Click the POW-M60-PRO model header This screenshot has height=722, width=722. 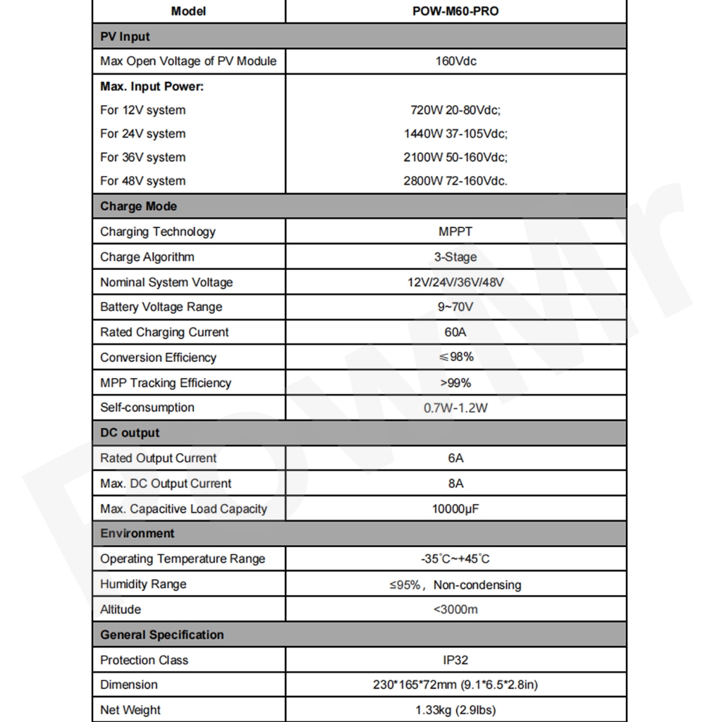pyautogui.click(x=455, y=11)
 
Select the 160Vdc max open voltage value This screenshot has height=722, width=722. pyautogui.click(x=455, y=61)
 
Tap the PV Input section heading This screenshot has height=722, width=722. pyautogui.click(x=126, y=37)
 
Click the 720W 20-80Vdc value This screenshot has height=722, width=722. pyautogui.click(x=455, y=110)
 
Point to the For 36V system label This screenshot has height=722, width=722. pyautogui.click(x=143, y=157)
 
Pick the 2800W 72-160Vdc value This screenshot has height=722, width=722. pyautogui.click(x=455, y=181)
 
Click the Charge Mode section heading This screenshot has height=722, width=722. pyautogui.click(x=139, y=207)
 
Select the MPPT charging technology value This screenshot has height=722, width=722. pyautogui.click(x=455, y=231)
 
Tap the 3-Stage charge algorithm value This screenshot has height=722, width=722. pyautogui.click(x=455, y=257)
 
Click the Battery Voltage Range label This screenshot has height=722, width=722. pyautogui.click(x=161, y=307)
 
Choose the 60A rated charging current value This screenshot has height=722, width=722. pyautogui.click(x=455, y=332)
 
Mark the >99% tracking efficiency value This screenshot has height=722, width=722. pyautogui.click(x=455, y=383)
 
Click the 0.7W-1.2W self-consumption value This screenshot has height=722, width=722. pyautogui.click(x=455, y=408)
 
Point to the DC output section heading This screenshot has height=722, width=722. pyautogui.click(x=130, y=433)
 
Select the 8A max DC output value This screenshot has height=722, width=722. pyautogui.click(x=455, y=484)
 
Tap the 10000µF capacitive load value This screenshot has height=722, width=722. pyautogui.click(x=455, y=508)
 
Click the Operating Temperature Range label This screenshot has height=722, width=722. pyautogui.click(x=183, y=559)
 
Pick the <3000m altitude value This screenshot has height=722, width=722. pyautogui.click(x=455, y=609)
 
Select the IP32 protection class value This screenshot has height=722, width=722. pyautogui.click(x=455, y=660)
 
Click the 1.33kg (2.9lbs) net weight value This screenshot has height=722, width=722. pyautogui.click(x=455, y=710)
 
